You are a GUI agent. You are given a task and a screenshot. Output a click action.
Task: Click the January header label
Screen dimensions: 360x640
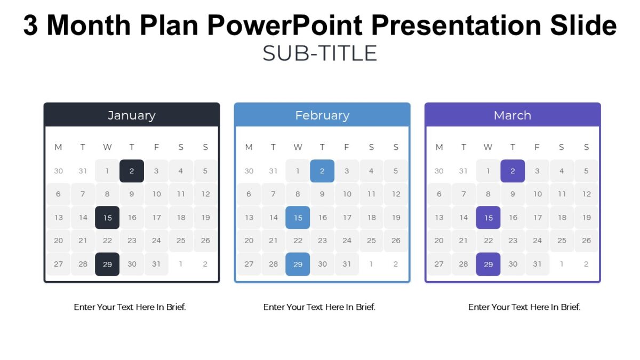click(x=131, y=115)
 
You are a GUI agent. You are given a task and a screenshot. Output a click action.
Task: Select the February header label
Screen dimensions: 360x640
click(x=322, y=115)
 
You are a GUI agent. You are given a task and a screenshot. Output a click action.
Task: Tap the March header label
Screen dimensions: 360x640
click(x=512, y=115)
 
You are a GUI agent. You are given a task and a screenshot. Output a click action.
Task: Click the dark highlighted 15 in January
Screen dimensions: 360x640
click(x=107, y=218)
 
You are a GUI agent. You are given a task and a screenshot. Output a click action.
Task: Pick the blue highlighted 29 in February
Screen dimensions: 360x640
click(x=298, y=264)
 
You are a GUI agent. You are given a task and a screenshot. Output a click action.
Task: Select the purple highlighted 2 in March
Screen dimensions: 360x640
click(x=513, y=171)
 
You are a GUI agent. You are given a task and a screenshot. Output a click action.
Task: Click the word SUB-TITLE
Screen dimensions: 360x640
click(x=320, y=53)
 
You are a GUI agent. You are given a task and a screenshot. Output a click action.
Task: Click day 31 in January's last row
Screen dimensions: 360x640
click(x=156, y=264)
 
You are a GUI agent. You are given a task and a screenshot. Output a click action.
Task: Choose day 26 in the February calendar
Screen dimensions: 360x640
click(x=396, y=241)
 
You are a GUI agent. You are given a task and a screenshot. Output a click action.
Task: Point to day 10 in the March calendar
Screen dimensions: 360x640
click(x=537, y=194)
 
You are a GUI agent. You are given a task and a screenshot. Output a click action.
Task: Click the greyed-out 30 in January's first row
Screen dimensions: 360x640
click(x=58, y=171)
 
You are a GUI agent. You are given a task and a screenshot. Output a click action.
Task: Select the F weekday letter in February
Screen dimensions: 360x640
click(x=347, y=147)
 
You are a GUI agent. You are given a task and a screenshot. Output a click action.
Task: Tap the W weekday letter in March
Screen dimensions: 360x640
click(x=488, y=147)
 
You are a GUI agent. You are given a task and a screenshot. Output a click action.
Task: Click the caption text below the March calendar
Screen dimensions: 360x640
click(x=524, y=307)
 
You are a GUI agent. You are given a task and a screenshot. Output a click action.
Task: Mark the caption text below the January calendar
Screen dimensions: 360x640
click(x=130, y=307)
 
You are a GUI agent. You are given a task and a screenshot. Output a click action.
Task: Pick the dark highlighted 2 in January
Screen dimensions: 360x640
click(x=132, y=171)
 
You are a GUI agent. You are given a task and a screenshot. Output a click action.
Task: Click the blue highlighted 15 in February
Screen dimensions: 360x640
click(x=298, y=218)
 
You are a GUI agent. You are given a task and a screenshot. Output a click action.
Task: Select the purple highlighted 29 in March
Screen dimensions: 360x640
click(x=488, y=264)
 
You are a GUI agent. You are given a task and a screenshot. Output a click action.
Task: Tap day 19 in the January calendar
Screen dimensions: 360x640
click(x=205, y=218)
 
